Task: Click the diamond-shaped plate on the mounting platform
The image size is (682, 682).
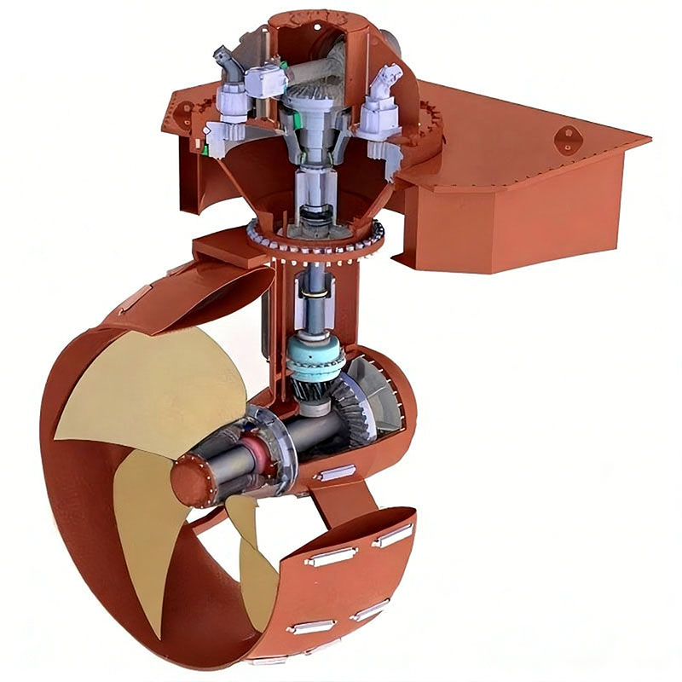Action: (564, 139)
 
